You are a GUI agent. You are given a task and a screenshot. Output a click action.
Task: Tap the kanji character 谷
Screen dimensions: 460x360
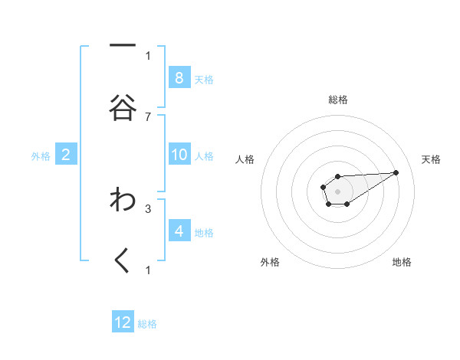tap(123, 107)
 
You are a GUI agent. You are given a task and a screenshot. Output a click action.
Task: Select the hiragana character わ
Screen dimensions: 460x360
tap(123, 200)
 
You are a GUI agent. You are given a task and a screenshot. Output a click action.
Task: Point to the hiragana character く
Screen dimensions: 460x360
tap(123, 261)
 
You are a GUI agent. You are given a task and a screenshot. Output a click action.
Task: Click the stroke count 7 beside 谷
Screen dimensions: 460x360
tap(148, 116)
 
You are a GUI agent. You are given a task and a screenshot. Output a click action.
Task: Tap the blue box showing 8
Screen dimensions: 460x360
tap(179, 77)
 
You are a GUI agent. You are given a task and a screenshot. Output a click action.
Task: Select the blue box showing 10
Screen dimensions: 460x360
tap(179, 155)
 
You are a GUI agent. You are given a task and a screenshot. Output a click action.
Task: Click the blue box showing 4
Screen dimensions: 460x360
tap(179, 231)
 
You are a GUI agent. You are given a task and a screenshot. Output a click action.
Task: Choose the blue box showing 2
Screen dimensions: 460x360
tap(66, 155)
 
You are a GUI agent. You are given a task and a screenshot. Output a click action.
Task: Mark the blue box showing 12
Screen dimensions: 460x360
tap(123, 322)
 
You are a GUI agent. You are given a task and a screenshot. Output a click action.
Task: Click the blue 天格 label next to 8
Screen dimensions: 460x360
tap(204, 79)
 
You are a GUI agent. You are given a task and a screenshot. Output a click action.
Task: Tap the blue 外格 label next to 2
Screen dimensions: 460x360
tap(41, 156)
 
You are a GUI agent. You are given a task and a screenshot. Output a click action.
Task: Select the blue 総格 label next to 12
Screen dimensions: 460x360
tap(147, 324)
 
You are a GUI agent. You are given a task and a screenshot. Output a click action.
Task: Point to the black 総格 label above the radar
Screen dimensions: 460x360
tap(337, 100)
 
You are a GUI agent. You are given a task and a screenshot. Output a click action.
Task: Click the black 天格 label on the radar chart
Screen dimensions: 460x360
tap(431, 159)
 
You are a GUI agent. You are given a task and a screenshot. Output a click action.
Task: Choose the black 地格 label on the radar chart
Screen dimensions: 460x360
tap(402, 262)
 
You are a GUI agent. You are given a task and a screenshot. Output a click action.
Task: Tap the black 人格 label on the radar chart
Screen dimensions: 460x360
tap(245, 159)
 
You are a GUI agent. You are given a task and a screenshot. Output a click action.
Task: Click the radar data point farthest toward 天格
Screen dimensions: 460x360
tap(396, 172)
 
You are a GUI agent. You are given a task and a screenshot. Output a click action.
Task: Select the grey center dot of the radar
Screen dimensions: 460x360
tap(337, 191)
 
